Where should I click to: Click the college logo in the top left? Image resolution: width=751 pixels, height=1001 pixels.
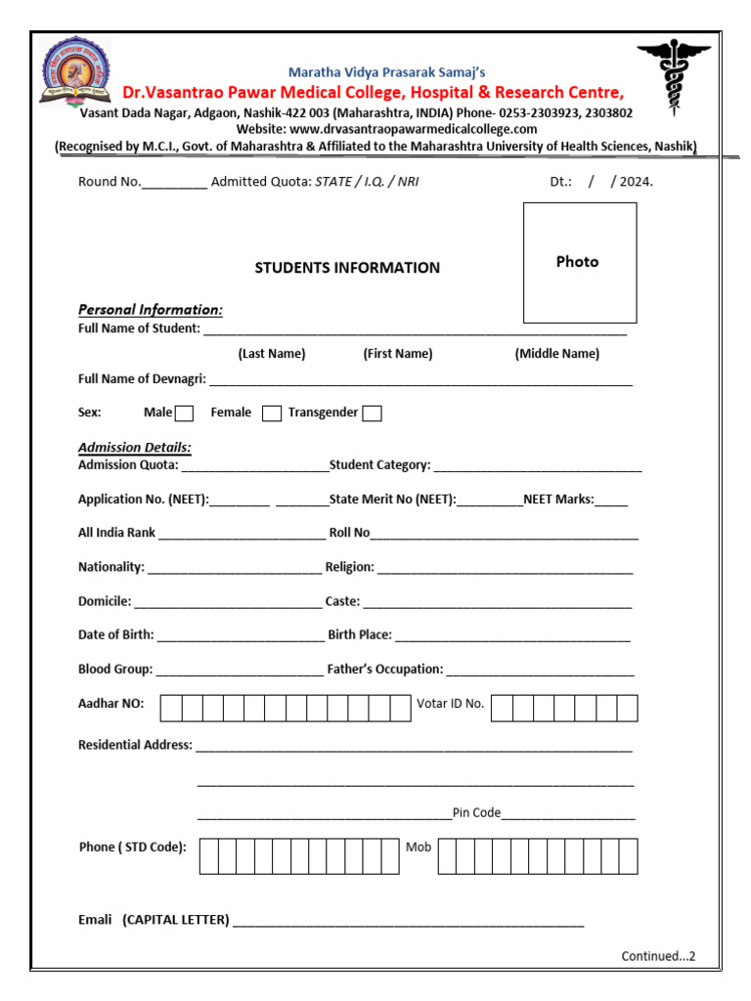76,73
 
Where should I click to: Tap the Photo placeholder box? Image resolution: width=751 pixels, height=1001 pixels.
579,262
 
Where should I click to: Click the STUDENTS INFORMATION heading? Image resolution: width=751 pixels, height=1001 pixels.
347,268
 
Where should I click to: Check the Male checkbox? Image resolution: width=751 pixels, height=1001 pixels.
184,413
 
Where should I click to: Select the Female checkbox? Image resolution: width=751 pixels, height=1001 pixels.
272,413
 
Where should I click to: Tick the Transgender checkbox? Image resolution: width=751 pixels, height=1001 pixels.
372,413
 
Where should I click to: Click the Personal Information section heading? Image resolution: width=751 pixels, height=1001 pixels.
151,310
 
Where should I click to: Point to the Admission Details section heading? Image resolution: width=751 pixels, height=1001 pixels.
135,448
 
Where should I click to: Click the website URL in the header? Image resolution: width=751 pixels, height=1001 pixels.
386,129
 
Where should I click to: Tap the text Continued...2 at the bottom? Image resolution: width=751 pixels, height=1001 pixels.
657,956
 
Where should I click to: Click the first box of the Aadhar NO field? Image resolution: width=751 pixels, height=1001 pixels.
170,708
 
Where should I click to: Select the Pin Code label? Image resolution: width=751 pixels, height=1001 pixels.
476,812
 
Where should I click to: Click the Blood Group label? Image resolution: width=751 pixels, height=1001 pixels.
115,670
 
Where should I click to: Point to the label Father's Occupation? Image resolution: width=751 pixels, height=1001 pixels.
385,670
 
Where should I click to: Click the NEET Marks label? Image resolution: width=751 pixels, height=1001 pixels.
558,500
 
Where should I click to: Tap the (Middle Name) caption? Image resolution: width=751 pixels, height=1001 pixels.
556,354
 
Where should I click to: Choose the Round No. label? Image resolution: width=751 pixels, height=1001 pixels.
110,182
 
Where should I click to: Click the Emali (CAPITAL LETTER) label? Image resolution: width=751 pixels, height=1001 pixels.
154,920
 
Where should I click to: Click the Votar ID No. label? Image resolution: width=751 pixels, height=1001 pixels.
450,704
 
